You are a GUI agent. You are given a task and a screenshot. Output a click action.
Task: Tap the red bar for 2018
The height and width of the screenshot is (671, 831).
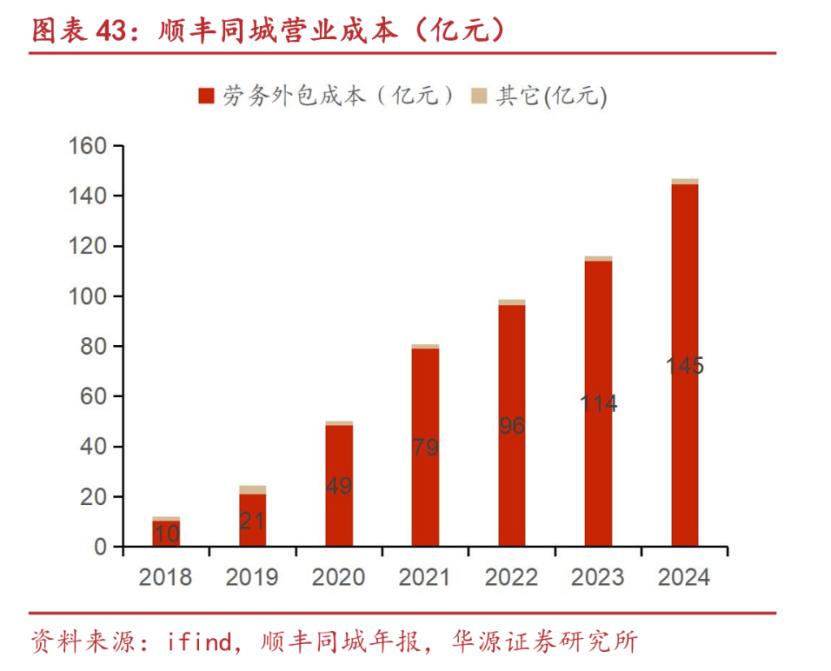[166, 533]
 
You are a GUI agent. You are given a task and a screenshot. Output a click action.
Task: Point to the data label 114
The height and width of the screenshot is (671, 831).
[599, 404]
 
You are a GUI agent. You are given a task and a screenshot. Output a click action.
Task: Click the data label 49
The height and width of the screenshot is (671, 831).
[339, 486]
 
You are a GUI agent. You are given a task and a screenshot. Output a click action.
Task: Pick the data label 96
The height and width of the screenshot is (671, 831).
[512, 426]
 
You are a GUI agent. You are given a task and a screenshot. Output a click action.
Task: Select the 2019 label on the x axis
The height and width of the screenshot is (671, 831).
[252, 577]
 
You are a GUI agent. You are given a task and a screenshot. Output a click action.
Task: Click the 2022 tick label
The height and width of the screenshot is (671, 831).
[512, 577]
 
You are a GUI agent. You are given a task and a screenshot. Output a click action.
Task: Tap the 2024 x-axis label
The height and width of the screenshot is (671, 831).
[685, 577]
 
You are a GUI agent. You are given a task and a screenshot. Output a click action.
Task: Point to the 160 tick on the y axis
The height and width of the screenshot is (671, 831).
[87, 146]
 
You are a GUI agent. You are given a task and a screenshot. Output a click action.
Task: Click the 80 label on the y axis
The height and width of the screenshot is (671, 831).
[94, 346]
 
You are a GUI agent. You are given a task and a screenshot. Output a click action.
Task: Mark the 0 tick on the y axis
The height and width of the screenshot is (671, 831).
[101, 547]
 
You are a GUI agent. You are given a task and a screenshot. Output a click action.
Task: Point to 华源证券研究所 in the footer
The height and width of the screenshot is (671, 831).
[559, 641]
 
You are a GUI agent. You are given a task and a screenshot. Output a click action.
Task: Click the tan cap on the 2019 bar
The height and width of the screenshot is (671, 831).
[252, 489]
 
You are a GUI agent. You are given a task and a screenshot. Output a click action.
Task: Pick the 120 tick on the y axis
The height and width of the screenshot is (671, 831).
[87, 246]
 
